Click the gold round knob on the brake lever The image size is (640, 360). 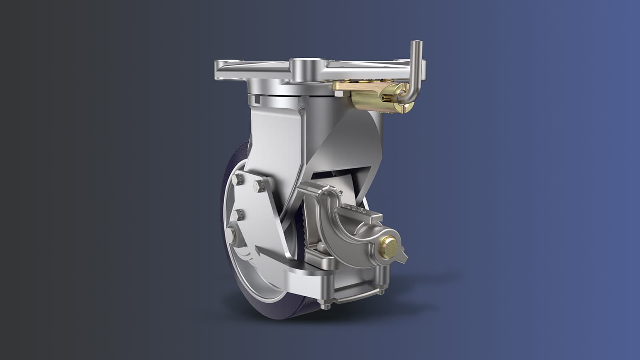click(388, 247)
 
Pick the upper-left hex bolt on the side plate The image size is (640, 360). click(237, 179)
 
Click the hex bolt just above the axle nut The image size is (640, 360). click(237, 215)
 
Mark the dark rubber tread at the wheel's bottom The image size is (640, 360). click(276, 311)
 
